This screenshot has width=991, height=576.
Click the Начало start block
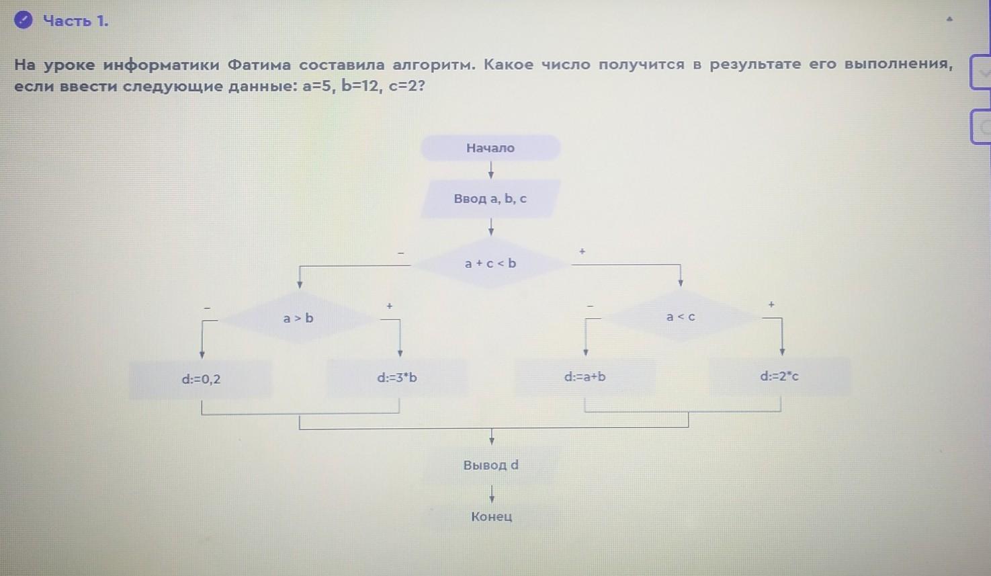[x=490, y=148]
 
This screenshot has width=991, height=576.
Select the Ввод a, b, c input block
[x=490, y=199]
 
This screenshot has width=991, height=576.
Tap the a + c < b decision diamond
[x=490, y=263]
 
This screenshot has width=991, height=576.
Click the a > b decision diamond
[x=298, y=318]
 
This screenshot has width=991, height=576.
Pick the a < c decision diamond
[x=681, y=317]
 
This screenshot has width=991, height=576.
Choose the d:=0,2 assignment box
[x=201, y=379]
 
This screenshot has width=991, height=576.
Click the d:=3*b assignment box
[x=396, y=378]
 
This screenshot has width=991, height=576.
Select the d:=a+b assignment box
[x=585, y=376]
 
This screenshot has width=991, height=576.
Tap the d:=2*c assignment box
[x=779, y=376]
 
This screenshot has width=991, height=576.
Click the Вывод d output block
[x=490, y=465]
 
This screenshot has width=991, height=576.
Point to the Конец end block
[x=491, y=517]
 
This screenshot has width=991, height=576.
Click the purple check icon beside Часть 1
[x=24, y=21]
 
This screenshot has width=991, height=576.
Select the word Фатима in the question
[x=259, y=65]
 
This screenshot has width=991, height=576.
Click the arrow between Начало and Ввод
[x=491, y=170]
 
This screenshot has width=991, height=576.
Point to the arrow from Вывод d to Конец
[x=492, y=495]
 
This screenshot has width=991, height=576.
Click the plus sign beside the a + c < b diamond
[x=582, y=251]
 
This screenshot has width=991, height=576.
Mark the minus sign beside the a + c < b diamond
[x=401, y=253]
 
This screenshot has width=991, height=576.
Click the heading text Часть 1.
[x=75, y=21]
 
